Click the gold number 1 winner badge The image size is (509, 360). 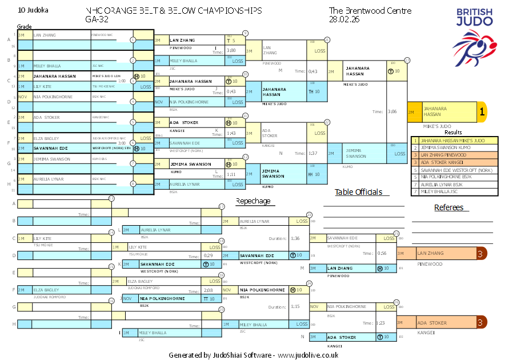pos(482,112)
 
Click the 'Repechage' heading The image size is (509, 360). pos(253,201)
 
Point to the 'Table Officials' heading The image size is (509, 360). pos(358,192)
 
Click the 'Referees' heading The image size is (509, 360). pos(448,207)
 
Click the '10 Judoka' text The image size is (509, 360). pos(33,10)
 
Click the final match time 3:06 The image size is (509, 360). pos(391,111)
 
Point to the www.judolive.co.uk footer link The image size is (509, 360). pos(308,355)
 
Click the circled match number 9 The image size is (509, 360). pos(245,33)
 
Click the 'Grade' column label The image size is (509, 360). pos(24,26)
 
